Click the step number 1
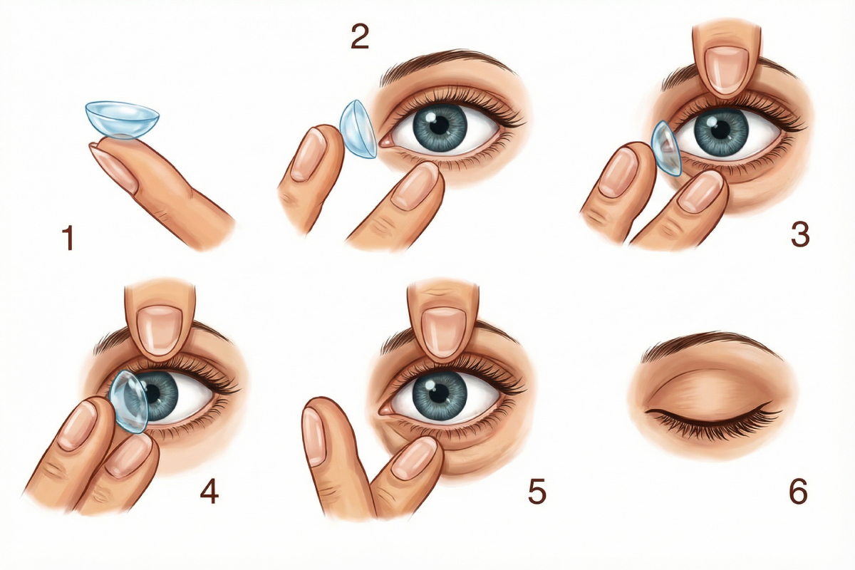tap(68, 237)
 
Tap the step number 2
tap(360, 36)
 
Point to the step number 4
tap(209, 491)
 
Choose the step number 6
tap(798, 491)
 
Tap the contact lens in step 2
tap(358, 129)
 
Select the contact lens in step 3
tap(665, 148)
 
